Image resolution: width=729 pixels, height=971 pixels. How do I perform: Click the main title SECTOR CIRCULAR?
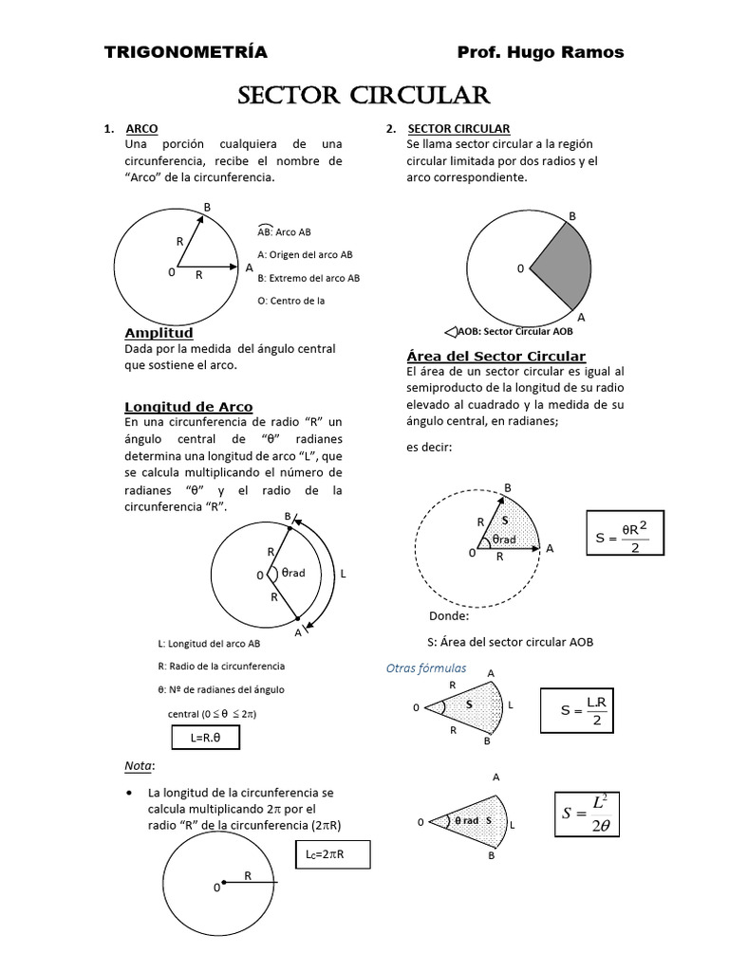[x=364, y=96]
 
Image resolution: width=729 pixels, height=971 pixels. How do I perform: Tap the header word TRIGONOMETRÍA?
[x=186, y=52]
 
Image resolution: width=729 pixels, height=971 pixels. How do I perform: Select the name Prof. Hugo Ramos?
[x=540, y=52]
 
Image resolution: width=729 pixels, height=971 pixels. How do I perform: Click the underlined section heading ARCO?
[x=141, y=129]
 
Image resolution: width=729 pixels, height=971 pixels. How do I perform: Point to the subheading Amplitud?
[x=159, y=333]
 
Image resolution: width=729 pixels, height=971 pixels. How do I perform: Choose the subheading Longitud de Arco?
[x=189, y=407]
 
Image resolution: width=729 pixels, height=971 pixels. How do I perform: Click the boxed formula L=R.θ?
[x=206, y=738]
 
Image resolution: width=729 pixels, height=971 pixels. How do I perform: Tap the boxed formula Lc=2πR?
[x=331, y=854]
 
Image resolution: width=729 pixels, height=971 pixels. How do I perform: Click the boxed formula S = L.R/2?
[x=586, y=710]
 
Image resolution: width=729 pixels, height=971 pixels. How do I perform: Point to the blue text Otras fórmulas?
[x=426, y=669]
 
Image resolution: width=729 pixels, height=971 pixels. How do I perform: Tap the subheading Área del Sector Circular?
[x=495, y=356]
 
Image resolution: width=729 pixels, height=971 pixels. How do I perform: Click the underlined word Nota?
[x=139, y=765]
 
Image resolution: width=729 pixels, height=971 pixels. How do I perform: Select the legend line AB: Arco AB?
[x=284, y=231]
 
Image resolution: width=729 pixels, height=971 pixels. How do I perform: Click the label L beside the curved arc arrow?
[x=343, y=574]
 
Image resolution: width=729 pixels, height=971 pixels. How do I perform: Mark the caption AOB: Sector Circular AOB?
[x=509, y=332]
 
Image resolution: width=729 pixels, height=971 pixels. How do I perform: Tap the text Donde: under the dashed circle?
[x=449, y=616]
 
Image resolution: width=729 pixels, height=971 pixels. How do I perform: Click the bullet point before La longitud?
[x=129, y=792]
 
